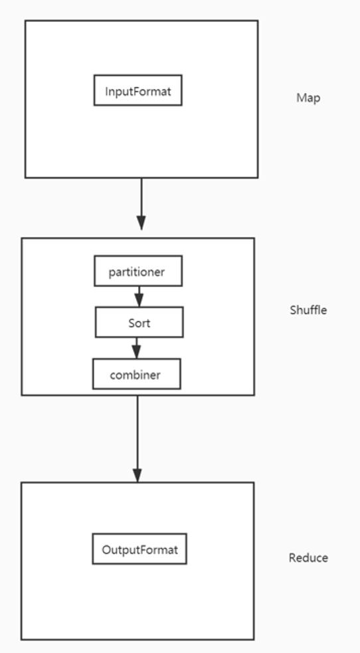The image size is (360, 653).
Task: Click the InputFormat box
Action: (x=137, y=90)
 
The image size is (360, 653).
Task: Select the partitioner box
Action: (x=137, y=271)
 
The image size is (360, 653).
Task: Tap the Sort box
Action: (x=139, y=322)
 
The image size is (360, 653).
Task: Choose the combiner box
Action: (x=136, y=374)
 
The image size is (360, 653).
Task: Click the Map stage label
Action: (x=308, y=98)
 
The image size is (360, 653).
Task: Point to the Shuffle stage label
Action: (x=308, y=310)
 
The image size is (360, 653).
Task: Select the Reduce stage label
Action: (x=308, y=557)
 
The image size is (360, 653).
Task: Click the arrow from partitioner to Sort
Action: (x=139, y=296)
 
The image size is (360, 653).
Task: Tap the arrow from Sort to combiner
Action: (x=137, y=347)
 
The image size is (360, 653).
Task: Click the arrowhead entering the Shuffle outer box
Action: (x=141, y=223)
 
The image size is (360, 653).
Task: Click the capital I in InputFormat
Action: (x=107, y=91)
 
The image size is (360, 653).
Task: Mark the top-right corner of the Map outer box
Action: (x=258, y=21)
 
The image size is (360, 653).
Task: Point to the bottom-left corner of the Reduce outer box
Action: (x=21, y=639)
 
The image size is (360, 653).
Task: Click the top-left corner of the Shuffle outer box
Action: (x=22, y=238)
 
